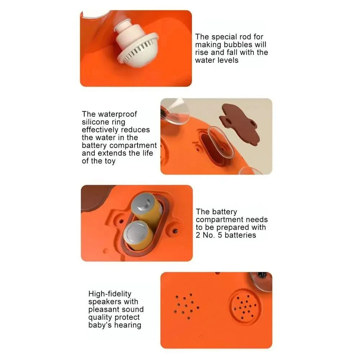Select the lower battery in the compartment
pos(139,234)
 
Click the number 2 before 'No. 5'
pos(198,235)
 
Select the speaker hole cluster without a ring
pos(186,306)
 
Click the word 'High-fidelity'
pos(110,294)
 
